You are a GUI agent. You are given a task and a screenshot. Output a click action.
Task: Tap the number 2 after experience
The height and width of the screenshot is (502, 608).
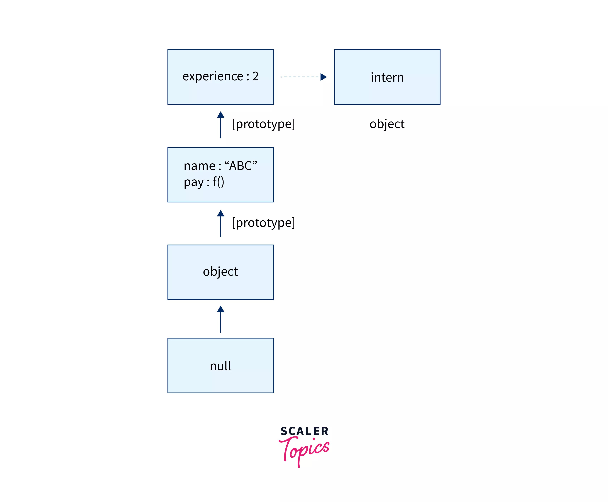(256, 76)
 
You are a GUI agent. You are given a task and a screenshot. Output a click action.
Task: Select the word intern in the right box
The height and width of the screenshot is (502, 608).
(387, 77)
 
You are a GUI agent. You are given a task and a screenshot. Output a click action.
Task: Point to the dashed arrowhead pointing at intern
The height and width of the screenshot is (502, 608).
(324, 77)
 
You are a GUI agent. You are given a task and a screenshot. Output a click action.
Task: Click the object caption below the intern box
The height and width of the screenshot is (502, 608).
(387, 124)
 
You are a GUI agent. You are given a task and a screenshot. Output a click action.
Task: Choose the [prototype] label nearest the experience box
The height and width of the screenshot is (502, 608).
(263, 124)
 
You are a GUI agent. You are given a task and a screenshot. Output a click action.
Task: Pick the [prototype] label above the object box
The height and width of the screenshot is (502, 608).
(263, 223)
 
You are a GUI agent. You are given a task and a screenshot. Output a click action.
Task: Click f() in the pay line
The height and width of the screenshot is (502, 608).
(219, 182)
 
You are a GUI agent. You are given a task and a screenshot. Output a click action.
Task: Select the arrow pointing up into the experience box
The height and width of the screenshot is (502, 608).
(220, 124)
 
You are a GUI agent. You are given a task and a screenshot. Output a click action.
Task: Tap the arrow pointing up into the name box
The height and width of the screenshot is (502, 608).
(220, 223)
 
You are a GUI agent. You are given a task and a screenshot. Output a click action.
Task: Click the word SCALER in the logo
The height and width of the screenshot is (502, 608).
(304, 431)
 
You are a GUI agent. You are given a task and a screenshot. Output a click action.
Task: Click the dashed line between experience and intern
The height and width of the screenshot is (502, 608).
(299, 77)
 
